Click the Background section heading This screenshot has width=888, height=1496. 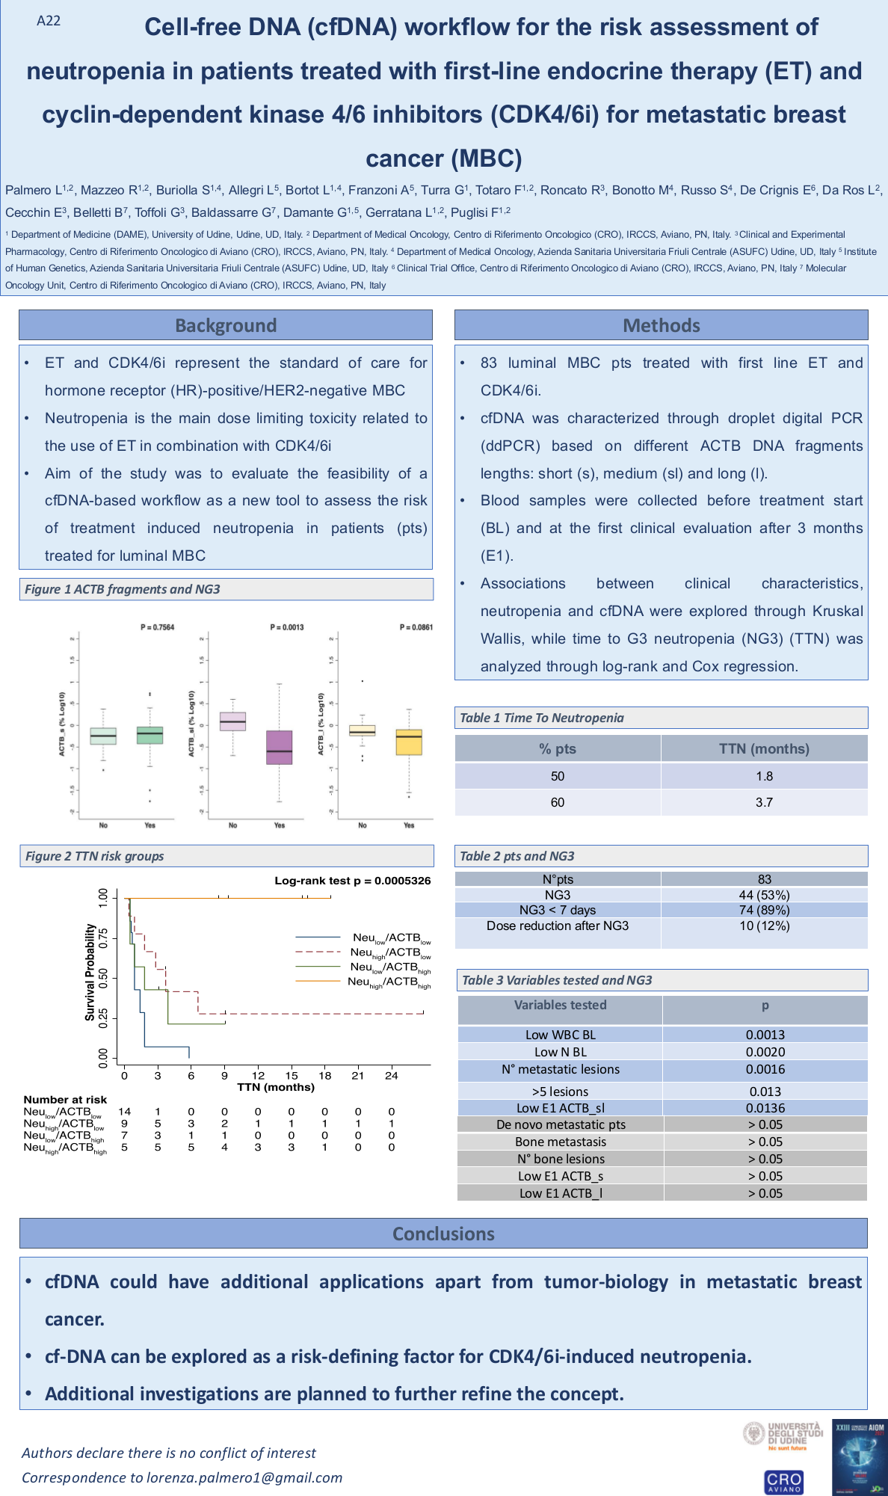tap(226, 325)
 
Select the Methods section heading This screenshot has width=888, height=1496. tap(662, 325)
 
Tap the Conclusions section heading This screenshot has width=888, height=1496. tap(443, 1234)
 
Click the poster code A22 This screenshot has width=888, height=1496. tap(49, 21)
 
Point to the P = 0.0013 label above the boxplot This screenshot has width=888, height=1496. tap(287, 627)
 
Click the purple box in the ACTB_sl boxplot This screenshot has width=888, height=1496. tap(279, 748)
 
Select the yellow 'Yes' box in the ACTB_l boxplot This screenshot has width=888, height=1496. tap(409, 742)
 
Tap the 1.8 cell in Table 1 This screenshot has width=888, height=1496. tap(764, 776)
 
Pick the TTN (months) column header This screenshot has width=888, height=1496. tap(764, 748)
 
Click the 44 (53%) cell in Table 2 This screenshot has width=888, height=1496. tap(764, 895)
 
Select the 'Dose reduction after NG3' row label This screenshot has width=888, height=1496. tap(558, 926)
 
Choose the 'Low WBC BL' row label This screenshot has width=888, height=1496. tap(561, 1035)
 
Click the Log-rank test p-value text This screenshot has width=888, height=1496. tap(353, 881)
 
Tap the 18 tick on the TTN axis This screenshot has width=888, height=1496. tap(325, 1076)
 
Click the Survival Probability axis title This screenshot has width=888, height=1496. tap(90, 972)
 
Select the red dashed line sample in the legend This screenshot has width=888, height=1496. tap(319, 952)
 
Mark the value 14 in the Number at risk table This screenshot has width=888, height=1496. tap(125, 1112)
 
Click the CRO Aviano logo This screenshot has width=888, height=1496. tap(783, 1481)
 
